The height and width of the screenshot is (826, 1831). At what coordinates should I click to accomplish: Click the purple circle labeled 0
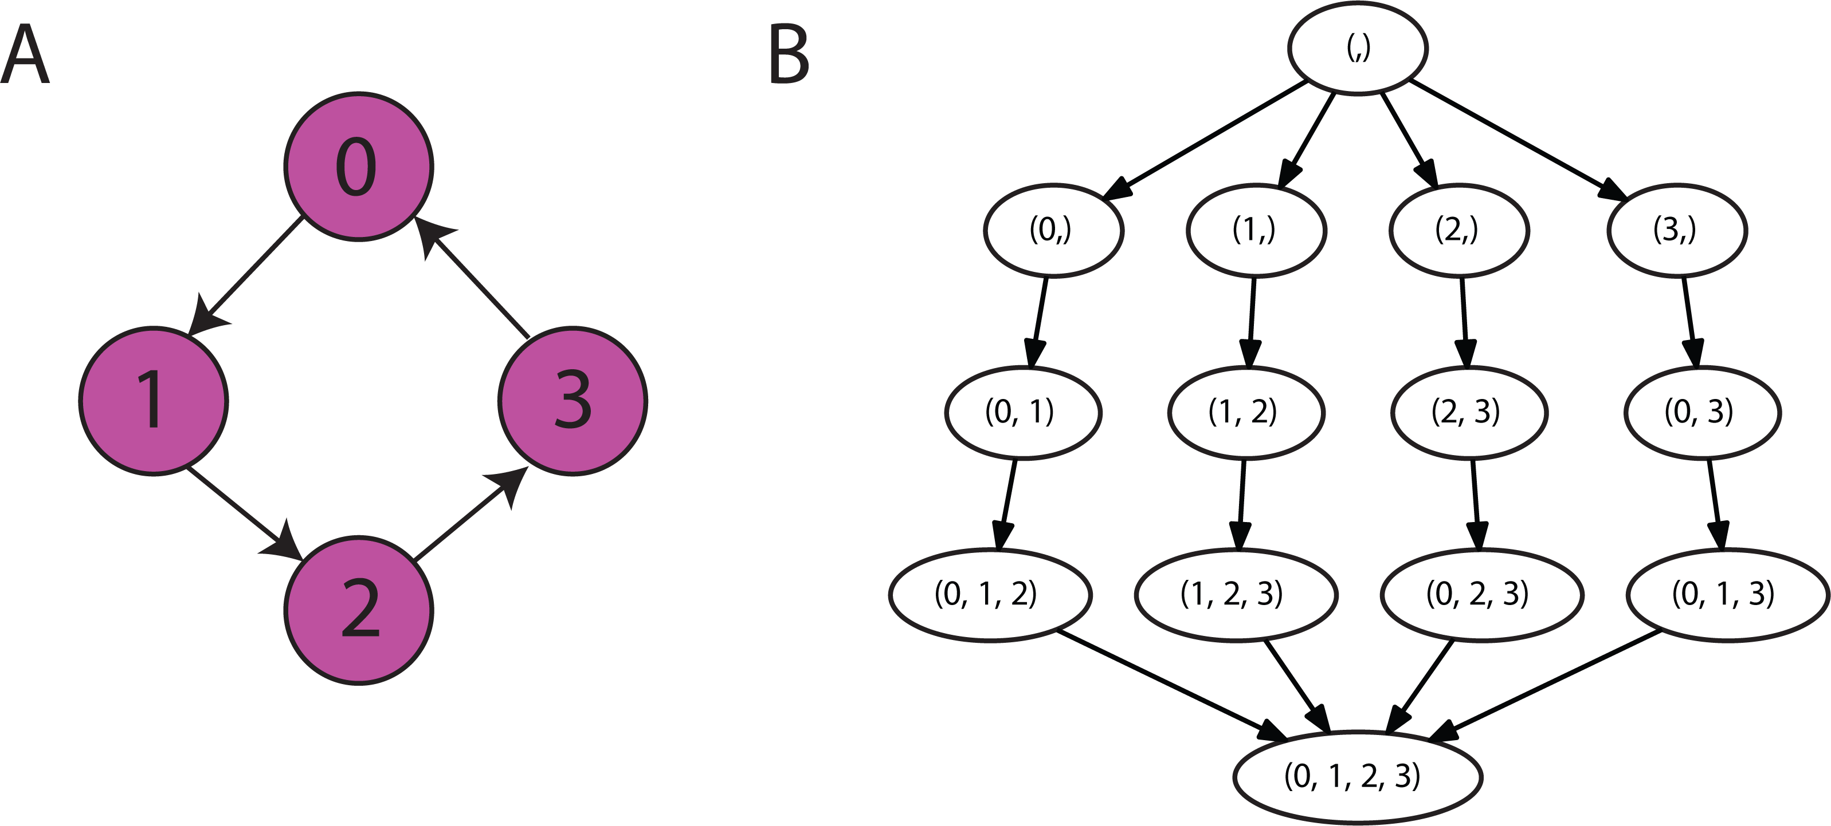pyautogui.click(x=358, y=167)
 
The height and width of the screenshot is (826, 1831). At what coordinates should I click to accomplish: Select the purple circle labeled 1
pyautogui.click(x=154, y=401)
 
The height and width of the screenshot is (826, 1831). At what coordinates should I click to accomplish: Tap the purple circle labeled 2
pyautogui.click(x=358, y=610)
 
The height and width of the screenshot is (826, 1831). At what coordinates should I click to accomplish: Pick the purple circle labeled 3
pyautogui.click(x=573, y=401)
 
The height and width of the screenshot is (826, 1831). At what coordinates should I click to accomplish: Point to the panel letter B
pyautogui.click(x=789, y=55)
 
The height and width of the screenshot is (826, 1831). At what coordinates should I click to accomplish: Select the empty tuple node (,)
pyautogui.click(x=1358, y=48)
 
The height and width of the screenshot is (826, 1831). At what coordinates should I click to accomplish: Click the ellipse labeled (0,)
pyautogui.click(x=1053, y=230)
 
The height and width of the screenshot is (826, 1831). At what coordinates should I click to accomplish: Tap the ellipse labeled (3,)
pyautogui.click(x=1677, y=230)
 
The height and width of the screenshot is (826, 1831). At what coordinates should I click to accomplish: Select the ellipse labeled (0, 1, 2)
pyautogui.click(x=990, y=595)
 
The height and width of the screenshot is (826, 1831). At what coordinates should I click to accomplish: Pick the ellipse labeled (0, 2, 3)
pyautogui.click(x=1482, y=595)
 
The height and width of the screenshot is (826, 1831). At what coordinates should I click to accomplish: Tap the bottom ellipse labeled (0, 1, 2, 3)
pyautogui.click(x=1358, y=777)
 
